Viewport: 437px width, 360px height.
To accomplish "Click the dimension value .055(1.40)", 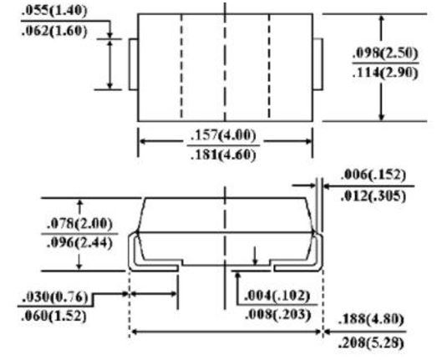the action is click(54, 11).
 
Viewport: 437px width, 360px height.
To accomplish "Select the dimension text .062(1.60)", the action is click(54, 31).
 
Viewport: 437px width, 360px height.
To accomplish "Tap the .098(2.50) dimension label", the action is click(385, 53).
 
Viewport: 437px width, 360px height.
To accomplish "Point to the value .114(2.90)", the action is click(385, 73).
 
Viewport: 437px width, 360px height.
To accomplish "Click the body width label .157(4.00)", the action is click(223, 135).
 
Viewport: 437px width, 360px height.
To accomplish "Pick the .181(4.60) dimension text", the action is click(223, 155).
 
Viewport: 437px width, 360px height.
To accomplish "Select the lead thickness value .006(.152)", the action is click(373, 175).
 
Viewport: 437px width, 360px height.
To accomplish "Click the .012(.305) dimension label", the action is click(373, 196).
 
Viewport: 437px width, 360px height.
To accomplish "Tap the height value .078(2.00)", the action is click(79, 224).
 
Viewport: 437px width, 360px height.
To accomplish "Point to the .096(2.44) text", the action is click(79, 243).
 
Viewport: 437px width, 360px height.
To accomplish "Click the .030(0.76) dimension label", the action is click(55, 297).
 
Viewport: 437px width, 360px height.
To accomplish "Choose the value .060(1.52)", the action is click(53, 316).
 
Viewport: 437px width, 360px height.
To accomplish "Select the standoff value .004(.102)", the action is click(277, 296).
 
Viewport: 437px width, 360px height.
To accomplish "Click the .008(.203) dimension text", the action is click(278, 315).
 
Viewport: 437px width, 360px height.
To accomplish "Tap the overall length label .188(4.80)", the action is click(371, 319).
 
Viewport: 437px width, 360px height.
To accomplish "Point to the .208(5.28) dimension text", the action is click(371, 343).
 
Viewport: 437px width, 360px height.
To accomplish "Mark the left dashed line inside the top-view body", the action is click(181, 68).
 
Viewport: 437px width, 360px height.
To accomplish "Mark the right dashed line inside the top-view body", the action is click(269, 68).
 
